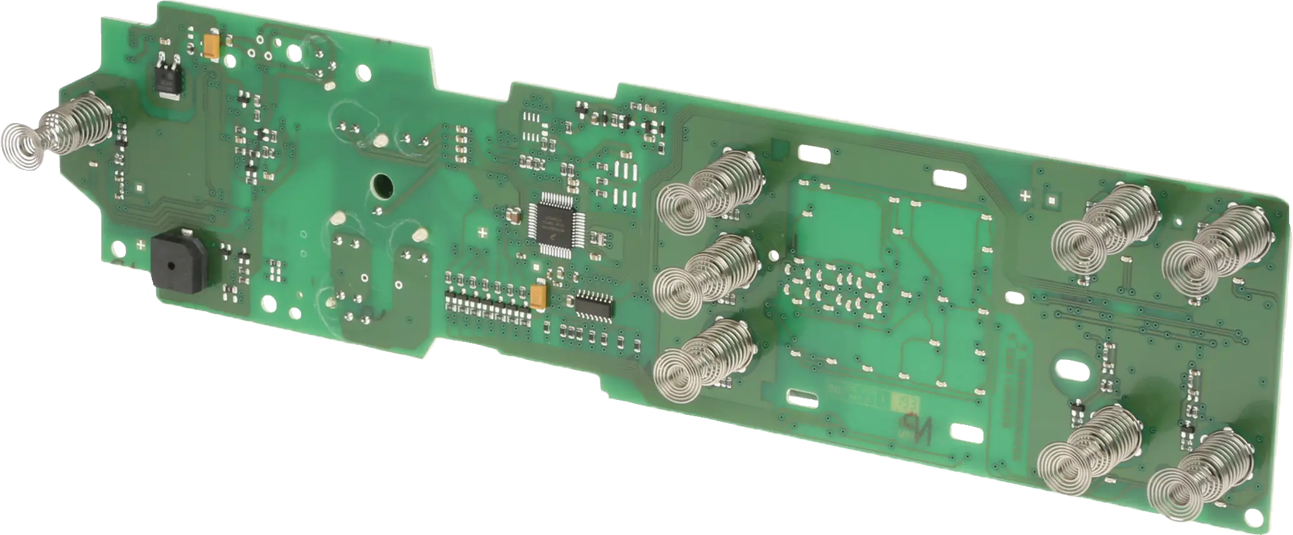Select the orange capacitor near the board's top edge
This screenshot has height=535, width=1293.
pyautogui.click(x=211, y=45)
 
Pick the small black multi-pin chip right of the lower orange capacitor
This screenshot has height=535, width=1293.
pyautogui.click(x=594, y=304)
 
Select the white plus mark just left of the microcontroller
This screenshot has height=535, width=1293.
pyautogui.click(x=482, y=234)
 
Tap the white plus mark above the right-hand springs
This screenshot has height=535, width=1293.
pyautogui.click(x=1025, y=196)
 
